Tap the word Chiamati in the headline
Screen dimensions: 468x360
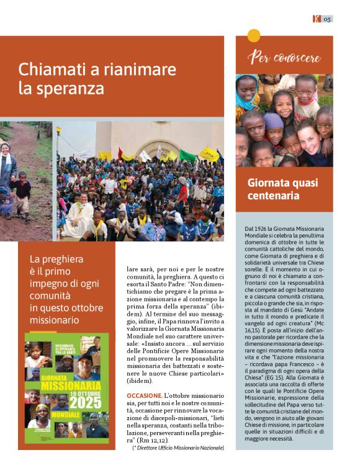click(50, 69)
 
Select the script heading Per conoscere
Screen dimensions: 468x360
click(284, 57)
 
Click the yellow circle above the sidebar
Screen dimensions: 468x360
click(254, 35)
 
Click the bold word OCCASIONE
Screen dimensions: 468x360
click(145, 395)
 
